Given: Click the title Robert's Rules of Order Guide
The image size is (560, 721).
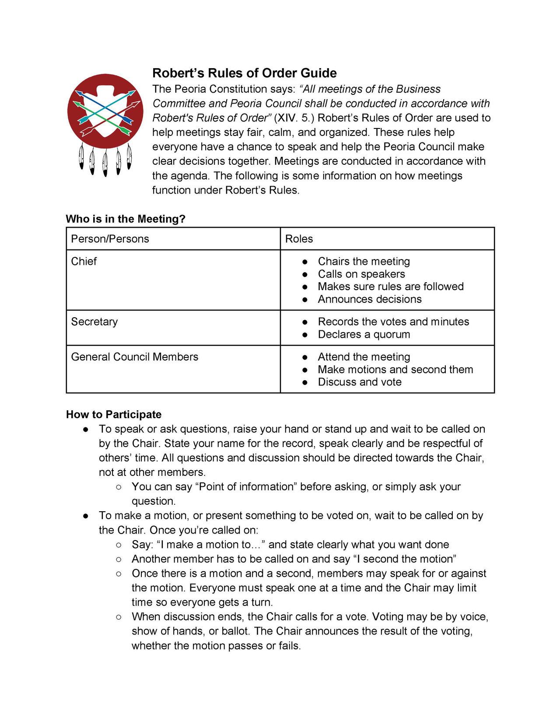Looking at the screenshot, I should (x=244, y=73).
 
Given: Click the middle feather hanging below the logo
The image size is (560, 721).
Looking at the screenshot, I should (x=105, y=163).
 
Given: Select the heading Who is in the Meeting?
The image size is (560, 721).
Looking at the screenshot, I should (x=126, y=219).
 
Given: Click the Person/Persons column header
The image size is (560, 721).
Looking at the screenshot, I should (x=110, y=239).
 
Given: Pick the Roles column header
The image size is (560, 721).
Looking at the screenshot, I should (x=299, y=239).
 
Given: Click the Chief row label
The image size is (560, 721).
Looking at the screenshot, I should (x=84, y=261).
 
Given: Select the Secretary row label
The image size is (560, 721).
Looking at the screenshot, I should (x=94, y=322).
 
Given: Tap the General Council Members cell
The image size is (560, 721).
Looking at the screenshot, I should (x=134, y=357).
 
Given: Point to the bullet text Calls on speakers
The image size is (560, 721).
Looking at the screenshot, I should (x=361, y=274).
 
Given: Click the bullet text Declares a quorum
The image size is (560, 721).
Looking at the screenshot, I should (x=364, y=334).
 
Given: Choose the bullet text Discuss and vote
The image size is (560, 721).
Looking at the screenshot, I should (x=359, y=382).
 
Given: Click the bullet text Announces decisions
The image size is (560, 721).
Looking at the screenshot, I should (x=369, y=299).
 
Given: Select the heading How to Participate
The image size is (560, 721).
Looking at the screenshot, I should (x=114, y=414).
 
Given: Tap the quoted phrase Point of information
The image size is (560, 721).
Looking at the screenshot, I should (x=247, y=487).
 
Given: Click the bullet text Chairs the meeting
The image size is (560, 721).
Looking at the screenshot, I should (x=364, y=261).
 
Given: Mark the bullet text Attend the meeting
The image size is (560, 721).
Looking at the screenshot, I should (x=364, y=357).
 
